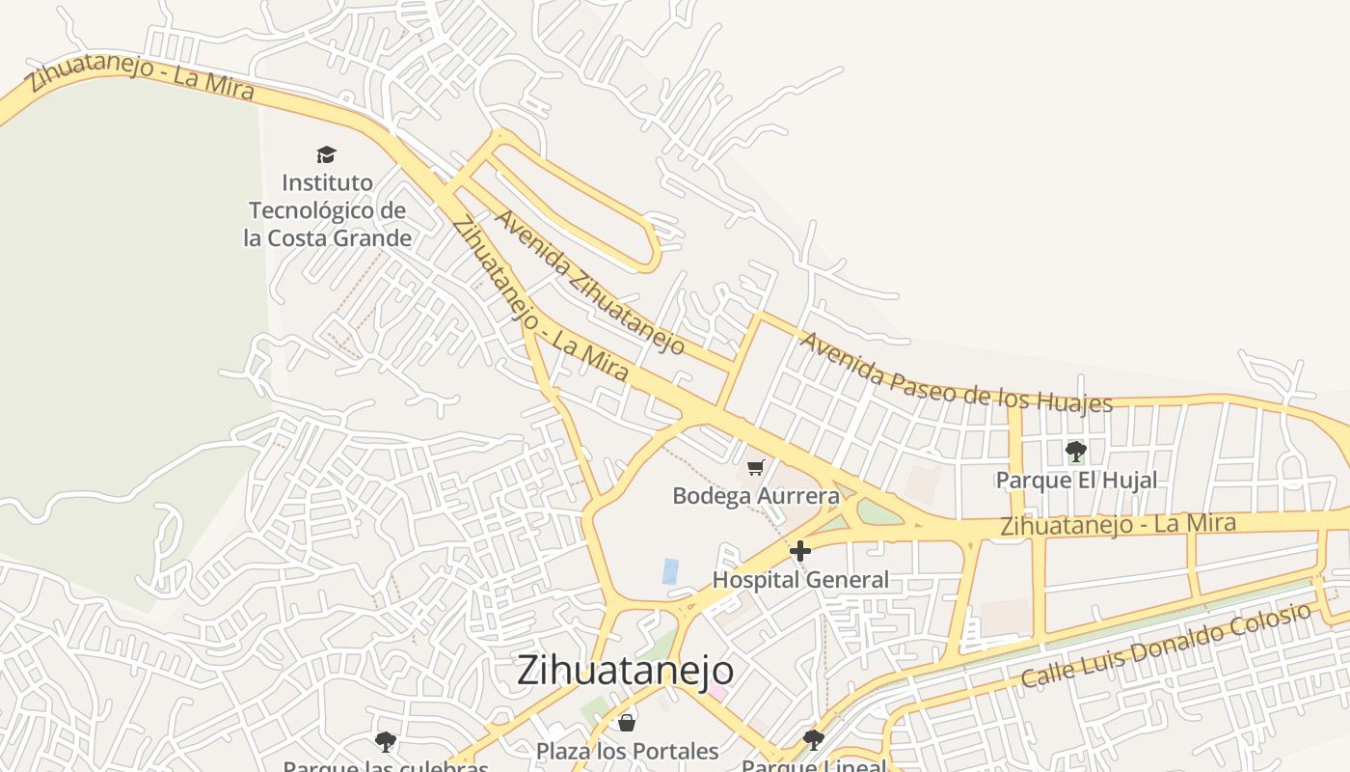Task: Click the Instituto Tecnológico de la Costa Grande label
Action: pos(328,209)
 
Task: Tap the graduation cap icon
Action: pos(327,154)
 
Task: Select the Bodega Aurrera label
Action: pos(756,496)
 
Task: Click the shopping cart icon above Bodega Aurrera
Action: pos(756,468)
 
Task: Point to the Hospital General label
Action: pos(800,580)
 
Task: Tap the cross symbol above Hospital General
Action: pos(800,551)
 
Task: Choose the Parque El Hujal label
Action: pos(1076,480)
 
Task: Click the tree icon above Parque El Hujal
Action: pos(1076,451)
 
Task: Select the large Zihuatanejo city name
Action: pos(625,670)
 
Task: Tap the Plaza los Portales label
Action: pos(627,751)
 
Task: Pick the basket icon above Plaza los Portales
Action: pos(627,722)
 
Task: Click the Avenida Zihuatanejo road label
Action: pos(590,281)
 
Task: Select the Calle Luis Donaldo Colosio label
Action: pos(1167,646)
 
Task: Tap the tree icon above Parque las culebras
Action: pos(386,741)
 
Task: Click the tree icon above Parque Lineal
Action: pos(814,740)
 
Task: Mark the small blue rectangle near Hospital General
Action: pos(670,570)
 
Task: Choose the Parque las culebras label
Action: pos(386,766)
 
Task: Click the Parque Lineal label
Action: pos(814,766)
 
